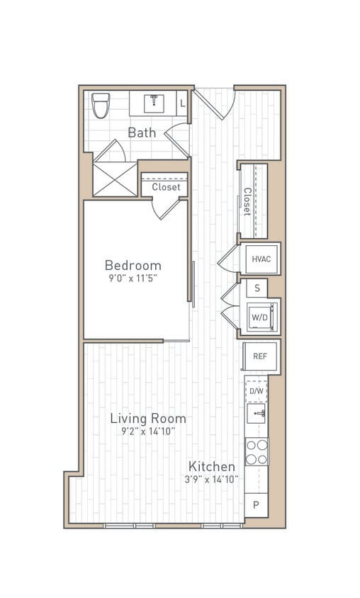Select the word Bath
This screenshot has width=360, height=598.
(142, 132)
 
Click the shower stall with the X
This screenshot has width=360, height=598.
(116, 179)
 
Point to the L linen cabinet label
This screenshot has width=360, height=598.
(182, 103)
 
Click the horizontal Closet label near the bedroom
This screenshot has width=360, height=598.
(166, 187)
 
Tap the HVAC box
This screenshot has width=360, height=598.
(261, 259)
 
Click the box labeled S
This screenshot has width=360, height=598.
(257, 288)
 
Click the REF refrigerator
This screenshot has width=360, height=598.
(260, 356)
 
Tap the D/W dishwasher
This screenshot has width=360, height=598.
(256, 390)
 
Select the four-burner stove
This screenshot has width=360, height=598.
(257, 451)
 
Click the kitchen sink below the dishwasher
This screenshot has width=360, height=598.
(257, 414)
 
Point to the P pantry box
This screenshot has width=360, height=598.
(256, 505)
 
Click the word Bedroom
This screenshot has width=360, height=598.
(133, 265)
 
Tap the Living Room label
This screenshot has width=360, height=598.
(148, 418)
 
